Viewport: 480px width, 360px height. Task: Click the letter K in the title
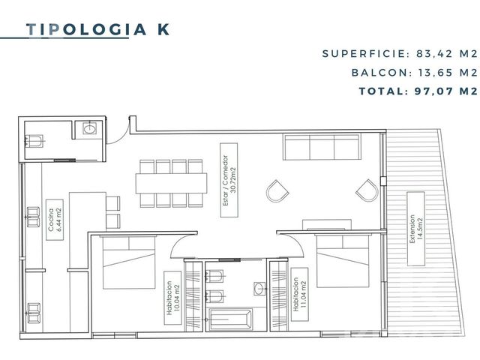(163, 29)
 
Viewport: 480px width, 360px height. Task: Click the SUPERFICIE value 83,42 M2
(447, 54)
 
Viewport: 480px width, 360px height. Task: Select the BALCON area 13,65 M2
(448, 73)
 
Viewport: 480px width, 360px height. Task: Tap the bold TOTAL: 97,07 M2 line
(418, 91)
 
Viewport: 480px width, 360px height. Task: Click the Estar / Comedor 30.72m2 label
(229, 180)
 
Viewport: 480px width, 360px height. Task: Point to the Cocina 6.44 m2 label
(55, 220)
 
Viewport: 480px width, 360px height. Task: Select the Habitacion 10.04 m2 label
(172, 298)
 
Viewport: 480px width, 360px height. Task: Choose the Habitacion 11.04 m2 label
(299, 294)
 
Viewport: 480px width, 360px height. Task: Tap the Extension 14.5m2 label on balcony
(415, 229)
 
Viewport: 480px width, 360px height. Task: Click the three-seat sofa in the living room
(322, 147)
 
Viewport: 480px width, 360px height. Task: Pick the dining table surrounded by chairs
(171, 183)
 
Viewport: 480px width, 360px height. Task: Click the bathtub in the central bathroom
(230, 319)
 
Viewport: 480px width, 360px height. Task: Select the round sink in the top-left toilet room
(90, 128)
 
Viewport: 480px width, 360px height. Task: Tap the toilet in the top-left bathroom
(34, 141)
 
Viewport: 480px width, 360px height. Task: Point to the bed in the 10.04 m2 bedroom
(128, 262)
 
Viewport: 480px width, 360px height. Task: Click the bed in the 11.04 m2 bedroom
(343, 260)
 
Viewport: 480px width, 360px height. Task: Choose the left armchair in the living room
(277, 191)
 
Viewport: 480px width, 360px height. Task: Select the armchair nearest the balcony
(367, 190)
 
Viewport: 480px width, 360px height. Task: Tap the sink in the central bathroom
(259, 289)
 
